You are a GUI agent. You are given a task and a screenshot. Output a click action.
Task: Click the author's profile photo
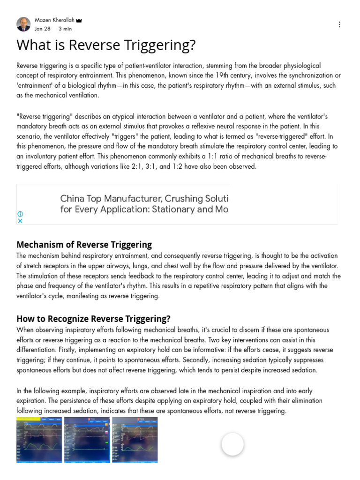23,24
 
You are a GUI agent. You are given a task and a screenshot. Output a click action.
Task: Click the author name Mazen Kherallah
54,20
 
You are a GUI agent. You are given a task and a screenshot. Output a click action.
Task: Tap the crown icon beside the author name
79,21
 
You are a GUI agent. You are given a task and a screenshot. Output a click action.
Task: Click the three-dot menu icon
339,24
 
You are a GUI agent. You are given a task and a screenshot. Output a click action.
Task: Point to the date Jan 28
43,29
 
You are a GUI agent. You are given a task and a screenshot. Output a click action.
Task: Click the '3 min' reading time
65,29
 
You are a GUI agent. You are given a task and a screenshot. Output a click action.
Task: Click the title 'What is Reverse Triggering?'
106,45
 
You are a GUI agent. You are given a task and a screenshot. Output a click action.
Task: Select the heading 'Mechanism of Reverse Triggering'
84,244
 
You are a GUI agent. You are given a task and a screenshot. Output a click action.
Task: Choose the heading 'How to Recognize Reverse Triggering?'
93,319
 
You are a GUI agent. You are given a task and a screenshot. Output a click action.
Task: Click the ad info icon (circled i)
20,214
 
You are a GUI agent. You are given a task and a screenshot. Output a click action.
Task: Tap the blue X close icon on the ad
20,221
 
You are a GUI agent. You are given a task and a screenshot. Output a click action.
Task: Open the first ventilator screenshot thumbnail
39,440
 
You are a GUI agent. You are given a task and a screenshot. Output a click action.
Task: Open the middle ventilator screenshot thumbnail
87,440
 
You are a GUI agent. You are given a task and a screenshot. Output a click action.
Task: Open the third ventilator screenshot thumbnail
135,440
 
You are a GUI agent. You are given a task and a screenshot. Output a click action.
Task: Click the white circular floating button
232,444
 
